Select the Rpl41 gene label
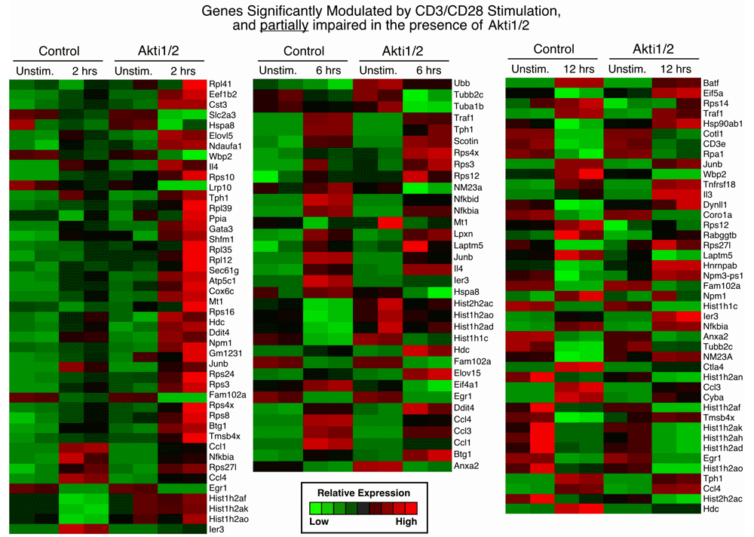(219, 84)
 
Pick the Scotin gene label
(467, 140)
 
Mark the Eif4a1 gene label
(467, 385)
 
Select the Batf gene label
(711, 82)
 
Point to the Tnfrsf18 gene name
(720, 183)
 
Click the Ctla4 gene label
(713, 367)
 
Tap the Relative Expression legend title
(363, 493)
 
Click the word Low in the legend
(320, 521)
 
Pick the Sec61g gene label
(224, 270)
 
